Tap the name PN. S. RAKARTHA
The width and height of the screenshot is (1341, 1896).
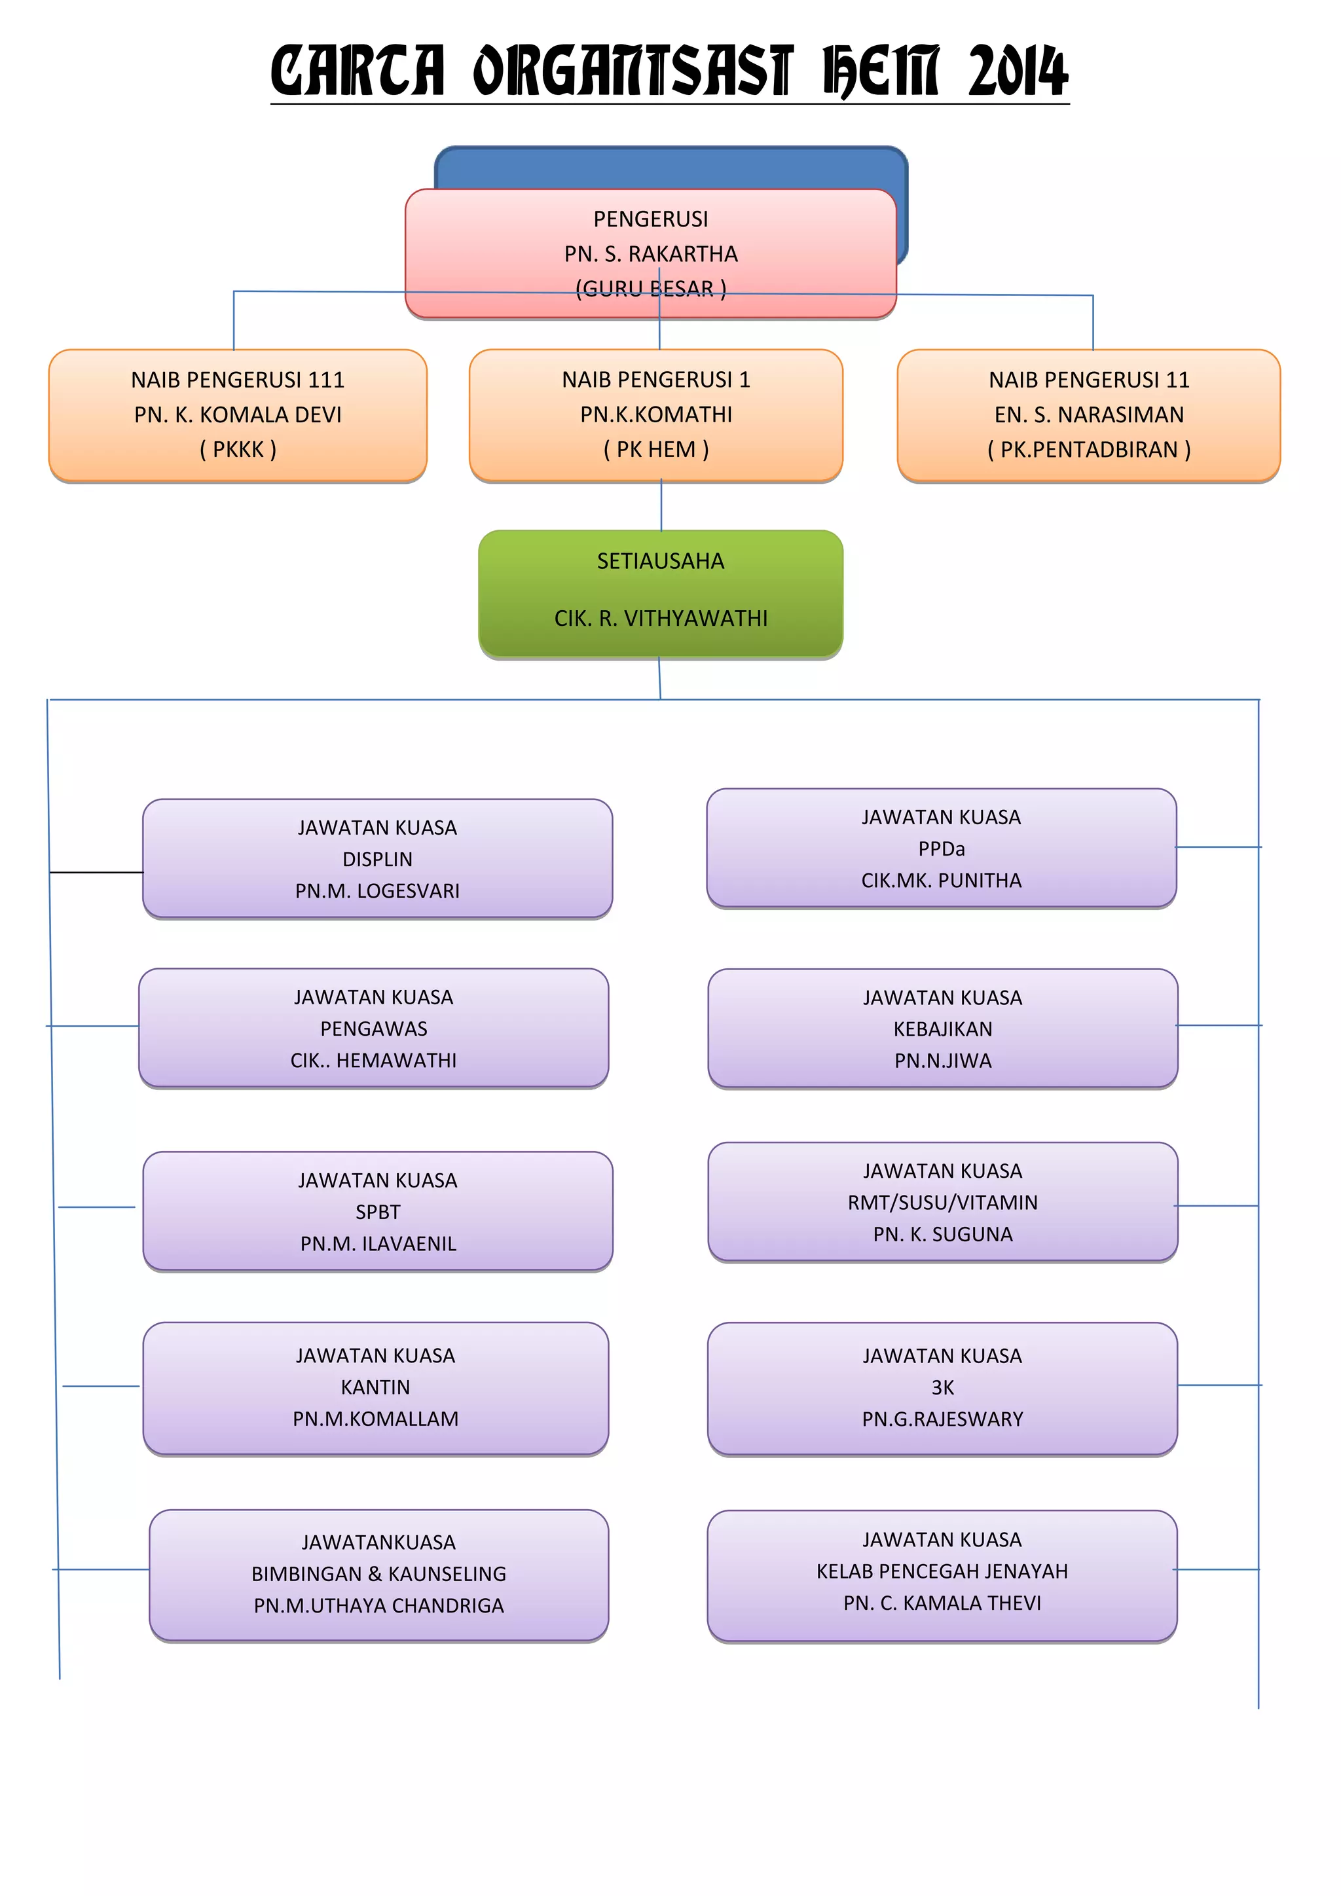click(x=651, y=254)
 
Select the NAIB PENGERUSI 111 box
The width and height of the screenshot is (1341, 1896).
click(x=238, y=414)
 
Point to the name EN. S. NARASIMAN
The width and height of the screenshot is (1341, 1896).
click(x=1088, y=414)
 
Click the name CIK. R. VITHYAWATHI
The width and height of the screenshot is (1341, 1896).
click(x=661, y=619)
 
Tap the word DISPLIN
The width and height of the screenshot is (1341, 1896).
click(x=377, y=860)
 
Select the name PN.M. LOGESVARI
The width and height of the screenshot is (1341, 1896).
click(x=377, y=891)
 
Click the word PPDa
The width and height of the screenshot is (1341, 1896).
click(x=942, y=849)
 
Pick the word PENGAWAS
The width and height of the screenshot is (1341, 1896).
click(x=374, y=1029)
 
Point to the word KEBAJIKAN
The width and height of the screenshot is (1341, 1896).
click(x=942, y=1029)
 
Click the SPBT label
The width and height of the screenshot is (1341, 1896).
click(x=377, y=1212)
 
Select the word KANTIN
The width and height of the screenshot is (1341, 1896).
click(x=375, y=1387)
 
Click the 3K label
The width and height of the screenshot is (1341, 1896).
click(x=942, y=1387)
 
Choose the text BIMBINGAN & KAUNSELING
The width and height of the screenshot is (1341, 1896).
click(x=379, y=1574)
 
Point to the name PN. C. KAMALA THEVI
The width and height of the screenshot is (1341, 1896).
click(x=942, y=1603)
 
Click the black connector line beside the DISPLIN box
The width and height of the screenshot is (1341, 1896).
click(x=96, y=872)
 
